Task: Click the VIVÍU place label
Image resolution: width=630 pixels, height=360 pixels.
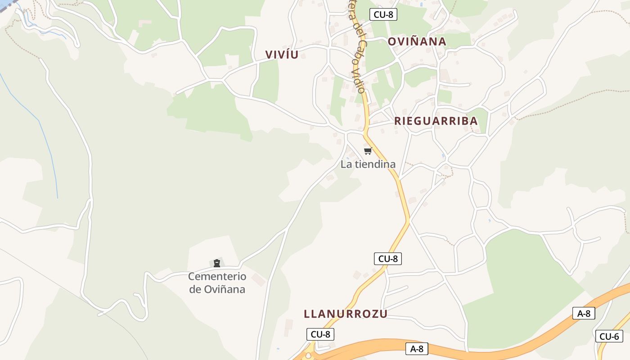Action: pos(282,55)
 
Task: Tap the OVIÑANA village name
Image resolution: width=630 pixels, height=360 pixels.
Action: pos(417,42)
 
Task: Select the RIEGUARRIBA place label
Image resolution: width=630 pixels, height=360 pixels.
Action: pos(436,121)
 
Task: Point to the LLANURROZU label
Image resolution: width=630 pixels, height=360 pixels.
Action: pos(345,314)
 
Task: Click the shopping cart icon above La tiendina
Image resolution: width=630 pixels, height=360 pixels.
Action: pos(368,151)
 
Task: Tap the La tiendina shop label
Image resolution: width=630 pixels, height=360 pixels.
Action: pos(368,164)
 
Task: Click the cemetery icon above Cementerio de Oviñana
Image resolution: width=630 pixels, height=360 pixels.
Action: pos(217,263)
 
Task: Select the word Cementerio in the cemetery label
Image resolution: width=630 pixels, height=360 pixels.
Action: pos(217,276)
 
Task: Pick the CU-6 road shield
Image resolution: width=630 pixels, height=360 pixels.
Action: pos(609,336)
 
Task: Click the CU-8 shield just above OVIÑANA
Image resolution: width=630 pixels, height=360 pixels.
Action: pos(383,14)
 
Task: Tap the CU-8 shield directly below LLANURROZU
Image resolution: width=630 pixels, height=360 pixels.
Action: pos(320,334)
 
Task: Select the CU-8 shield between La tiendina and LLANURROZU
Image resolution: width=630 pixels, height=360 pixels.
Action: pos(387,259)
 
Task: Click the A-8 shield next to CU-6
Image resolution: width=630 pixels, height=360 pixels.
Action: pos(584,314)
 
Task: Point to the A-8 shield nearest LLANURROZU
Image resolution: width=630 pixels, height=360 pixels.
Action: pos(417,349)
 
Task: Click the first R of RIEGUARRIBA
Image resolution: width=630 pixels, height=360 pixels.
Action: pos(398,121)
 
